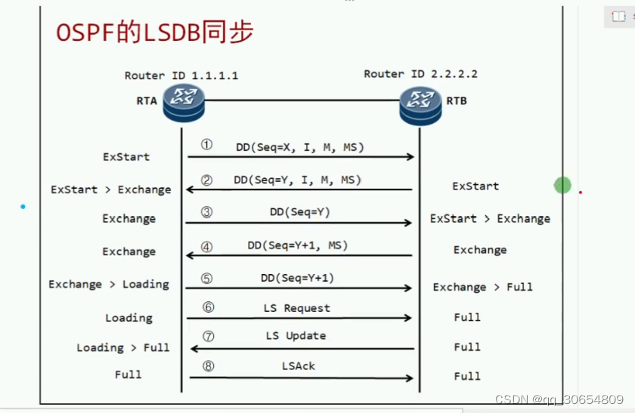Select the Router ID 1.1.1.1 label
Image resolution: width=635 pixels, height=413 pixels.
[x=181, y=76]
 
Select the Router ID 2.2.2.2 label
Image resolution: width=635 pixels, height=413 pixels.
[x=420, y=74]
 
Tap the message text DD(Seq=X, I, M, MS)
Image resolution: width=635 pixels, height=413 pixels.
[x=299, y=147]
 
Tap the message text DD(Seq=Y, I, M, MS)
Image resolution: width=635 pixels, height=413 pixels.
[x=298, y=180]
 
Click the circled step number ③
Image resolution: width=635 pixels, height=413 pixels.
[x=206, y=213]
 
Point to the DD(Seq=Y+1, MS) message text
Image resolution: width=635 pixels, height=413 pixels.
[x=298, y=245]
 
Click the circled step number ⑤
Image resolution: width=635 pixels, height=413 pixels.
[x=206, y=279]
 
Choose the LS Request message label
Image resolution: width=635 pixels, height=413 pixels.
[x=297, y=308]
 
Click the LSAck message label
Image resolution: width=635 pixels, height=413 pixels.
[x=298, y=365]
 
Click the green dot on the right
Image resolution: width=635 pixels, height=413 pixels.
[x=562, y=185]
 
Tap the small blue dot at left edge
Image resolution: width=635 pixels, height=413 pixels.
[x=23, y=206]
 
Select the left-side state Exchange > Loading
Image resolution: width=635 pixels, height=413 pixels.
[x=109, y=285]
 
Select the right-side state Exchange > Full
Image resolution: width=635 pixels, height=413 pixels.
[x=482, y=287]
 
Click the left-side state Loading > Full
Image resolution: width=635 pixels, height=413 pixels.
[x=123, y=348]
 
